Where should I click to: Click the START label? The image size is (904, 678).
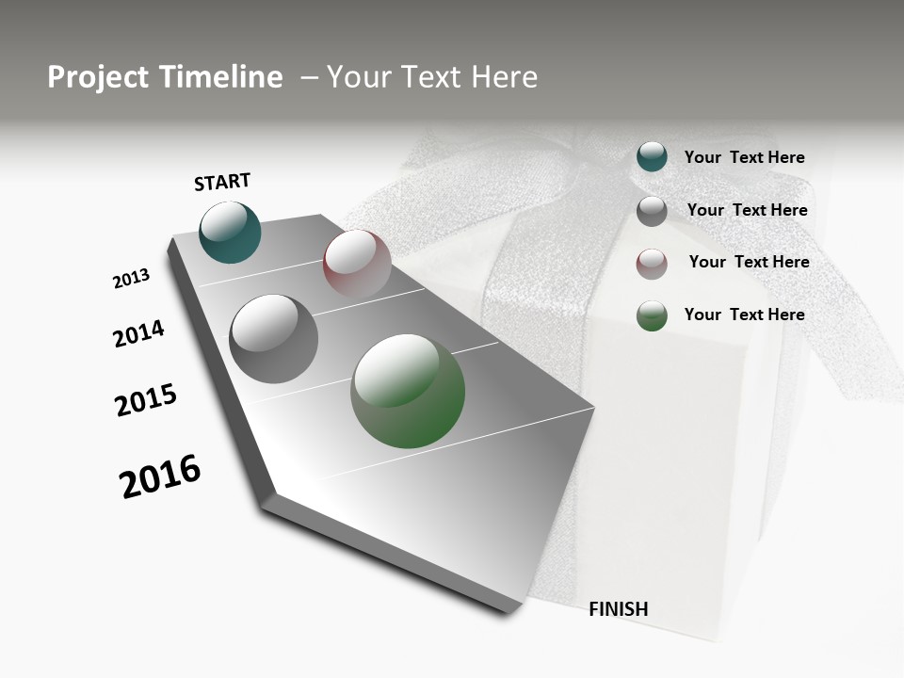tap(222, 182)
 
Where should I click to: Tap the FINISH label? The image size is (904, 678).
tap(618, 609)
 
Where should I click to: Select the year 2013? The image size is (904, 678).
tap(131, 279)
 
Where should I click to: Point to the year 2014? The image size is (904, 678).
tap(138, 333)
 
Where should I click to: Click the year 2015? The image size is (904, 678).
tap(146, 400)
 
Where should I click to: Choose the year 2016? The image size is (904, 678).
tap(160, 476)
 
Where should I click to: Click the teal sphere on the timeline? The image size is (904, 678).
tap(230, 233)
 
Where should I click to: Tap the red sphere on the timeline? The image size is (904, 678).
tap(357, 263)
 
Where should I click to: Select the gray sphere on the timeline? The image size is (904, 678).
tap(273, 339)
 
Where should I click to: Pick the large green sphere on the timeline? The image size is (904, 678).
tap(408, 391)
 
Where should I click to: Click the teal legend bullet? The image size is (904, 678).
tap(652, 157)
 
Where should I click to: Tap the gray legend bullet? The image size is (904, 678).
tap(652, 211)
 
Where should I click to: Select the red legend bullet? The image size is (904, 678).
tap(652, 264)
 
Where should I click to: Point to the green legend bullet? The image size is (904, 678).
tap(652, 315)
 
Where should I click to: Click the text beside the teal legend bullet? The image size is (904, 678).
tap(744, 157)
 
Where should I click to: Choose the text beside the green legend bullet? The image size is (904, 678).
tap(744, 315)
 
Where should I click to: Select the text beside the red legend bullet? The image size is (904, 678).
tap(749, 262)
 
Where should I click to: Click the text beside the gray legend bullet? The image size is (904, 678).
tap(747, 210)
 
